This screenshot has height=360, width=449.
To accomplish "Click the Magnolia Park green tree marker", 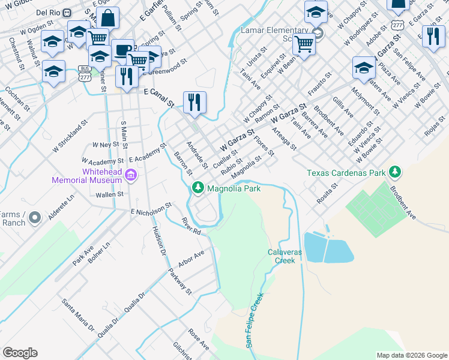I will [x=198, y=188].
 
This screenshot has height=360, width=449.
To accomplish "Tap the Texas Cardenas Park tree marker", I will [x=394, y=172].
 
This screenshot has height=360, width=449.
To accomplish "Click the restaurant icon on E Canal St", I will [x=194, y=103].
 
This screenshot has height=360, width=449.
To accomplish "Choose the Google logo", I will [x=20, y=353].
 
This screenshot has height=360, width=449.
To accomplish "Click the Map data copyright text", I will [x=412, y=355].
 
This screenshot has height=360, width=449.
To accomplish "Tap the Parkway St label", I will [x=179, y=281].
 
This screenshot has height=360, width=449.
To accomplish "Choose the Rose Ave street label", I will [x=198, y=339].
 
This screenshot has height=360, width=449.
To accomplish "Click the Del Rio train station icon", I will [x=68, y=12].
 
